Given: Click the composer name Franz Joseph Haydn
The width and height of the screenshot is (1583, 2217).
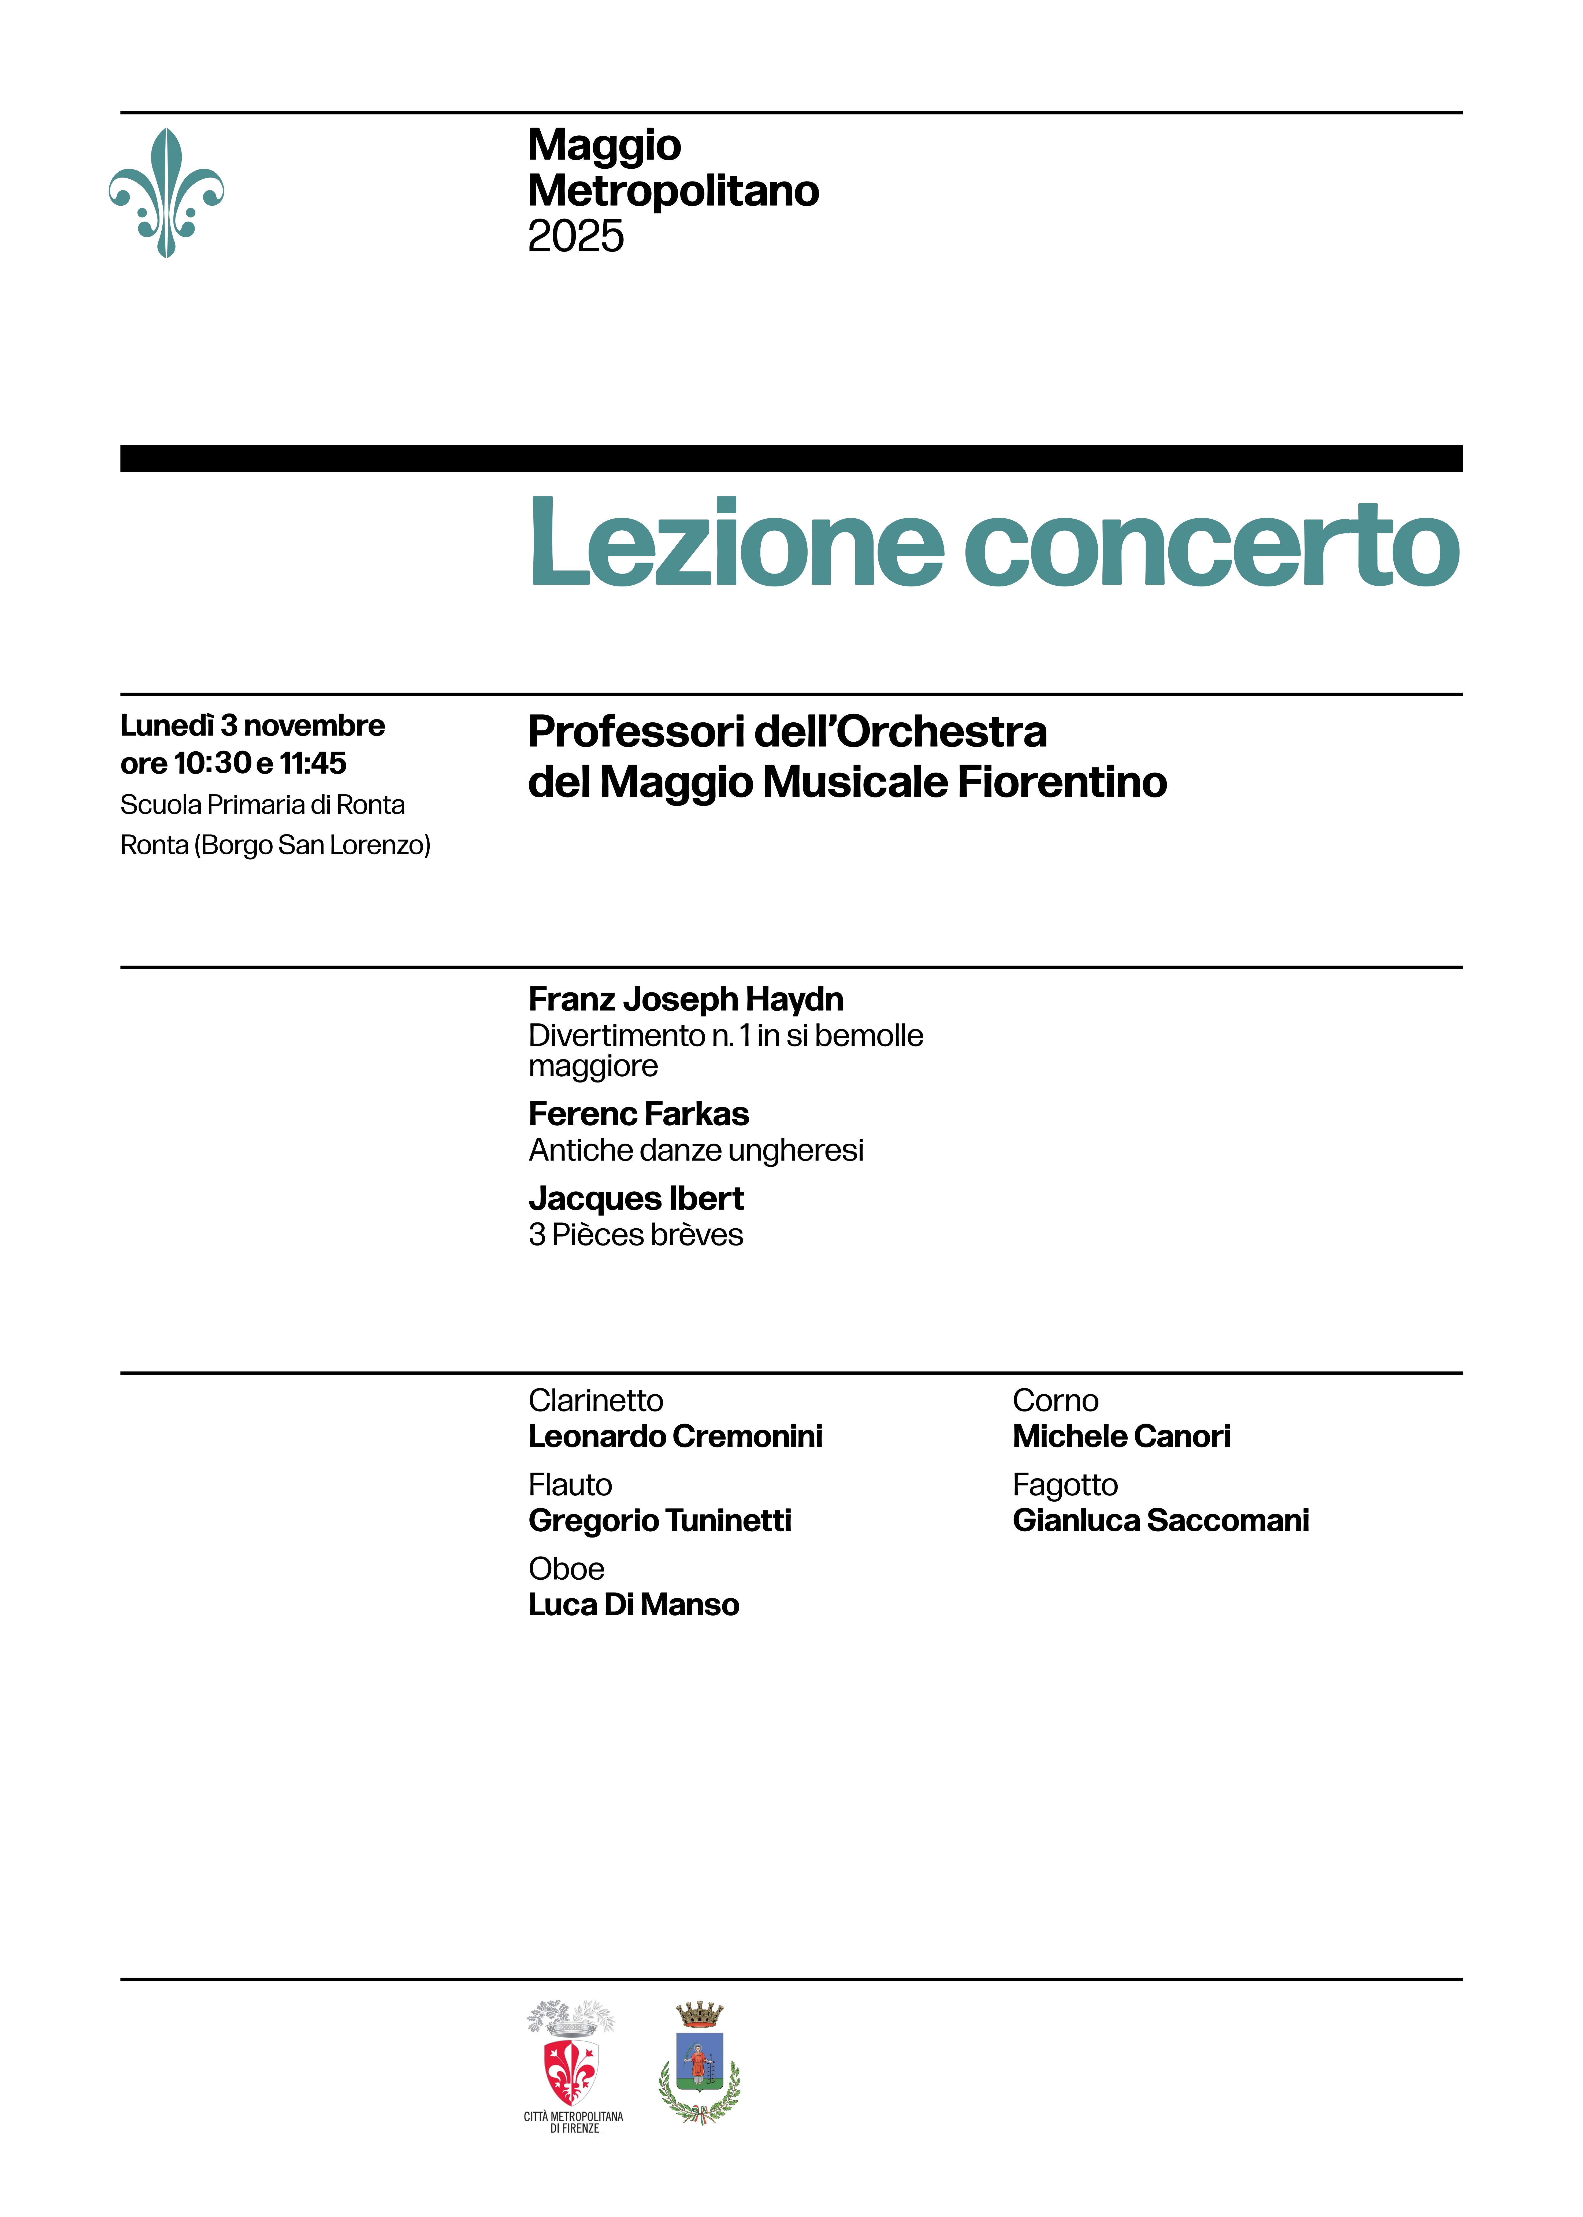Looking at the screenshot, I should pyautogui.click(x=685, y=999).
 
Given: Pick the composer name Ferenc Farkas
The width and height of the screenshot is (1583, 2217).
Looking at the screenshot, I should pyautogui.click(x=638, y=1113).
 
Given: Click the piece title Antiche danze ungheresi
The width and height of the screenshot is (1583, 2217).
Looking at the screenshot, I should pyautogui.click(x=696, y=1150).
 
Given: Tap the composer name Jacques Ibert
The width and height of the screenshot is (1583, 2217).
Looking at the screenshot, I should pyautogui.click(x=636, y=1198).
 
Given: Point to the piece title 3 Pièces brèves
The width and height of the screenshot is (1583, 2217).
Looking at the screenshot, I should pyautogui.click(x=636, y=1235).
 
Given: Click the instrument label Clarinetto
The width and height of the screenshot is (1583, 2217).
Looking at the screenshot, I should pyautogui.click(x=596, y=1400).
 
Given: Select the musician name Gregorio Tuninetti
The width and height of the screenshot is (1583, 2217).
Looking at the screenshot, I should pyautogui.click(x=660, y=1520).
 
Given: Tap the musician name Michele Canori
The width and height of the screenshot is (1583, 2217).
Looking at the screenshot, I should pyautogui.click(x=1121, y=1436).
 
